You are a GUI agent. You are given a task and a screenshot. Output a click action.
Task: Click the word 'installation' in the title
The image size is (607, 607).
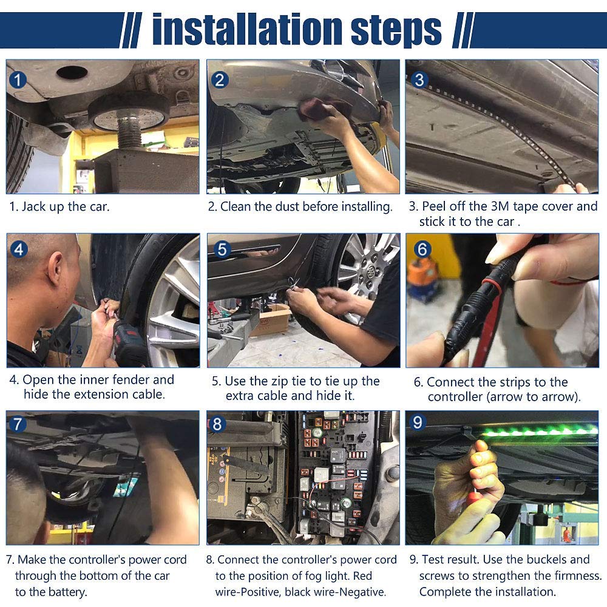point(247,29)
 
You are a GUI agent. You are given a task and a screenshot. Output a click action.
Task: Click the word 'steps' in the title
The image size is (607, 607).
point(396,31)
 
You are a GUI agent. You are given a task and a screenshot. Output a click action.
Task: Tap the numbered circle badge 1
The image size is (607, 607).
point(18,80)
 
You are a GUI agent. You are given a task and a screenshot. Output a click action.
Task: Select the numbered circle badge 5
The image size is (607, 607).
point(222,249)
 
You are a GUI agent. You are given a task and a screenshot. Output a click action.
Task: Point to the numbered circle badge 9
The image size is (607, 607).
point(418,422)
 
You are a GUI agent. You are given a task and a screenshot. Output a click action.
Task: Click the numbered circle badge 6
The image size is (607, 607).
point(422,249)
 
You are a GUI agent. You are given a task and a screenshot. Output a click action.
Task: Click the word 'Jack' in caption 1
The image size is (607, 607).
point(33,206)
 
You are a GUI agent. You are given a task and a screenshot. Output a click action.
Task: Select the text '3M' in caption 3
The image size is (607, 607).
point(500,206)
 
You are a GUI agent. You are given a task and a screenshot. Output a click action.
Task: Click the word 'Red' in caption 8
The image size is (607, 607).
point(363,576)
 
